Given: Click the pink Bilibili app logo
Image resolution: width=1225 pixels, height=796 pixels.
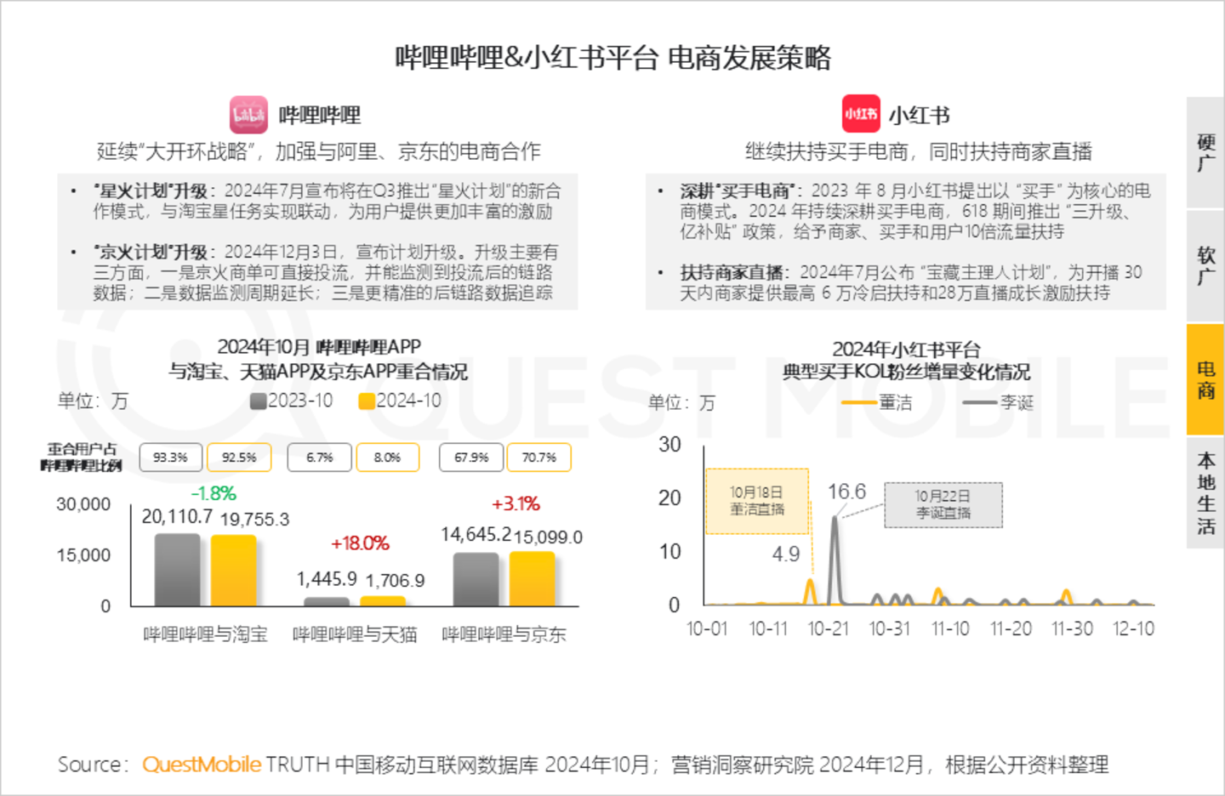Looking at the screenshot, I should (248, 115).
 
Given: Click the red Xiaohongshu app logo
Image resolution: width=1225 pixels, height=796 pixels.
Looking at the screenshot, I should (861, 114).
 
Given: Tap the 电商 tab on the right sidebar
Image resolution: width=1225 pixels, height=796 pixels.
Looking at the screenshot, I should (1205, 379).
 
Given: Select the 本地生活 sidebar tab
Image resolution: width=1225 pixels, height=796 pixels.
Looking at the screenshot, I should (1205, 493).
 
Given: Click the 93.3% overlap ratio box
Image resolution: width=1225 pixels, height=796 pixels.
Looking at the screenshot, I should (170, 458).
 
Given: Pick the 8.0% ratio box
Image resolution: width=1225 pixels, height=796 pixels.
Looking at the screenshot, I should (387, 458).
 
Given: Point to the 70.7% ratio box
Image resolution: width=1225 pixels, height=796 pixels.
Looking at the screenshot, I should (539, 458).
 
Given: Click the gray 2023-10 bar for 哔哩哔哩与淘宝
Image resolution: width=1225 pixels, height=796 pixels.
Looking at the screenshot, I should (177, 570).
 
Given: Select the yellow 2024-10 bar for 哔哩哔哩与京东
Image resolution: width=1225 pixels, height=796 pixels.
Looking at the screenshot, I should (532, 579).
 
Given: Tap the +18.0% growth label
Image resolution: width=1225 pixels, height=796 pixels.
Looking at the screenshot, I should (360, 543).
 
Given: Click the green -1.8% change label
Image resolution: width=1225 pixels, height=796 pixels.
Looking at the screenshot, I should (214, 493).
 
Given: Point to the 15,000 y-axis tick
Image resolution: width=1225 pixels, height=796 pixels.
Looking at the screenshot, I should (83, 555).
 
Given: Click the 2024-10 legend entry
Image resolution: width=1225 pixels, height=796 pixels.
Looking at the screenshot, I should (400, 401).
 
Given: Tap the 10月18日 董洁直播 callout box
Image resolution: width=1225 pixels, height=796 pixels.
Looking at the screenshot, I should (757, 501).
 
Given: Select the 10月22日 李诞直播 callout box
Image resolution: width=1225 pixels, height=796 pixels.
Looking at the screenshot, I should (943, 504).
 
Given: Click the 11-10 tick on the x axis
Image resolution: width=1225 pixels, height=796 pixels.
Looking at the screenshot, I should (950, 629).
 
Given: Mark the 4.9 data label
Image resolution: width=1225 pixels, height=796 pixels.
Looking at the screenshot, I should (786, 554).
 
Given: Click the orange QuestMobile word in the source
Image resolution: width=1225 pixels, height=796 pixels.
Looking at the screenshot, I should (202, 765).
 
